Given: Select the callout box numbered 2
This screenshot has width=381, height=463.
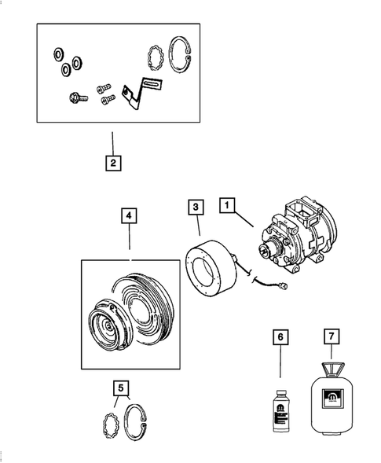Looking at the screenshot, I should coord(114,164).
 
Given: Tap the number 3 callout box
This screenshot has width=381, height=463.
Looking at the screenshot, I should coord(196,208).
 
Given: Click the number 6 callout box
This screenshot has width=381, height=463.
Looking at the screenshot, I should coord(279,338).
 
